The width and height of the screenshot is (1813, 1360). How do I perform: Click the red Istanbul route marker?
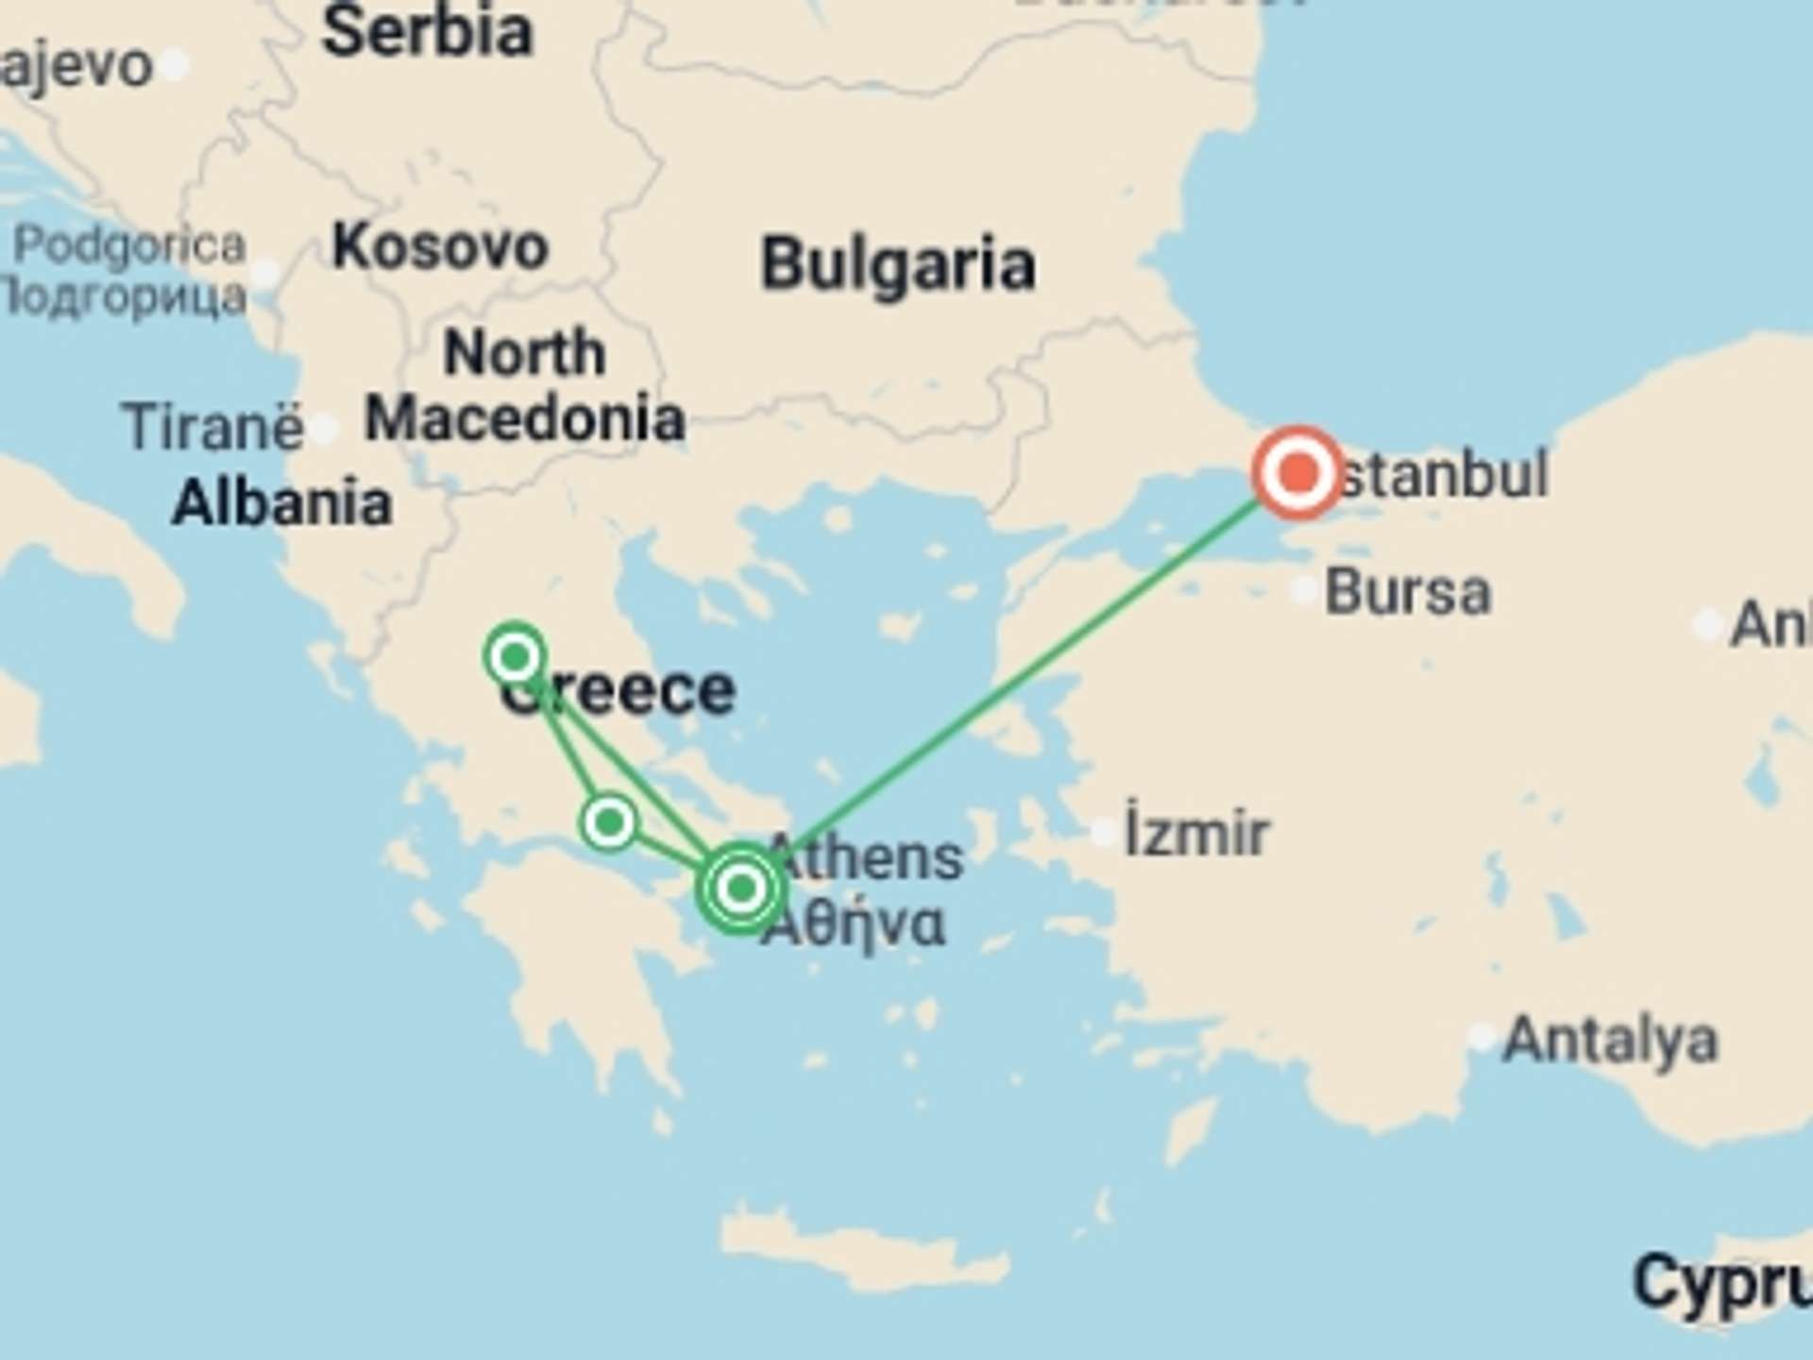pos(1298,472)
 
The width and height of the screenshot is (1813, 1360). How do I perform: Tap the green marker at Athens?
pos(741,888)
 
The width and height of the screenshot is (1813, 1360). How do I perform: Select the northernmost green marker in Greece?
pos(515,654)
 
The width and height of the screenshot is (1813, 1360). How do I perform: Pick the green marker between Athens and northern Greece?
pos(609,822)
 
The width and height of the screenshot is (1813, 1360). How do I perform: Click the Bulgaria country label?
pos(898,263)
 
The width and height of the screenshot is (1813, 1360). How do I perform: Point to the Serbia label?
pos(428,32)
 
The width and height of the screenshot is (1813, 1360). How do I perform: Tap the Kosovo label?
pos(440,247)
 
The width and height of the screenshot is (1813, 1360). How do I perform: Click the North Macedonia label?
pos(525,385)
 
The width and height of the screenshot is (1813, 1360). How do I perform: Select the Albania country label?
pos(282,502)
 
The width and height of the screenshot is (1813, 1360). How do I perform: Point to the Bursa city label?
pos(1408,593)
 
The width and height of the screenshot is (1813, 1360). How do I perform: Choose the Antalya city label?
pos(1610,1040)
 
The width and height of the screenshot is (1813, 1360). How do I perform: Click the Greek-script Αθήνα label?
pos(853,924)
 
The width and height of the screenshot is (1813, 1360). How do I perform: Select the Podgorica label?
pos(129,246)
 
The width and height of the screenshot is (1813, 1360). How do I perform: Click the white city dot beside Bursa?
pos(1304,591)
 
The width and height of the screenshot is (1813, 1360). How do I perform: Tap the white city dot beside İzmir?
pos(1104,832)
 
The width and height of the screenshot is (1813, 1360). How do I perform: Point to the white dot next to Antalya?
pos(1482,1037)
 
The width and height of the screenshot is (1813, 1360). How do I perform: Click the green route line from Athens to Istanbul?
pos(1020,677)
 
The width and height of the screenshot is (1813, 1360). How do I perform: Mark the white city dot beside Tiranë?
pos(324,429)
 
